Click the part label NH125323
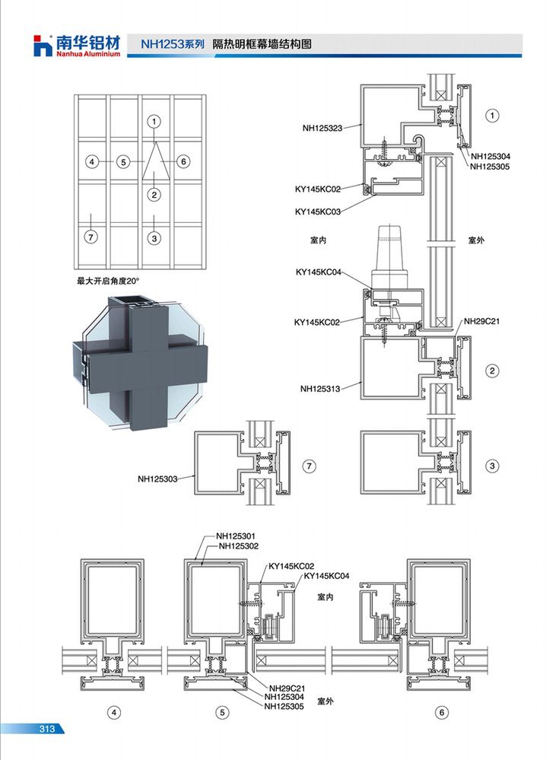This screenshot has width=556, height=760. pos(322,128)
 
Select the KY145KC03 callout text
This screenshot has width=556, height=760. pos(317,211)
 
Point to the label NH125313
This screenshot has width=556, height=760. pos(320,388)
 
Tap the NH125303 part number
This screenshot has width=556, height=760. pos(157,479)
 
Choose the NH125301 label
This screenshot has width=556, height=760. pos(236,536)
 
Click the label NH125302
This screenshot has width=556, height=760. pos(239,545)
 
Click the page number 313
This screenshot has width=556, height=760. pos(47,729)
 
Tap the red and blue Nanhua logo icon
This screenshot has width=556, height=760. pos(43,46)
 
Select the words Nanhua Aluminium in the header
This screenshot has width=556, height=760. pos(87,54)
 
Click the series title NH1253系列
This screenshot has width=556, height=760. pos(173,44)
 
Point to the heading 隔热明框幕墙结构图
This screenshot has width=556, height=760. pos(262,44)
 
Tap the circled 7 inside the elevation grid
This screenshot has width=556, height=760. pos(91,237)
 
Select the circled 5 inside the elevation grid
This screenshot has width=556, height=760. pos(124,162)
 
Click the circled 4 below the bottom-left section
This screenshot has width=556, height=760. pos(114,713)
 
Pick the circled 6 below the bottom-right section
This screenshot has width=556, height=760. pos(442,713)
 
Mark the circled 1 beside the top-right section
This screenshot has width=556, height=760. pos(493,116)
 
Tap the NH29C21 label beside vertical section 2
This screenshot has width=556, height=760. pos(481,321)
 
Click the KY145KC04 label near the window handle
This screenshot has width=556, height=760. pos(319,272)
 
